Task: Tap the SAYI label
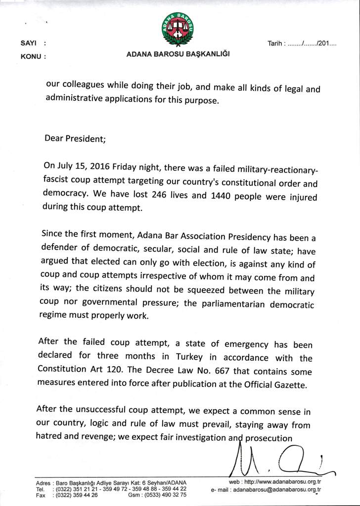(x=27, y=43)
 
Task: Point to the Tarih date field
(x=302, y=43)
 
